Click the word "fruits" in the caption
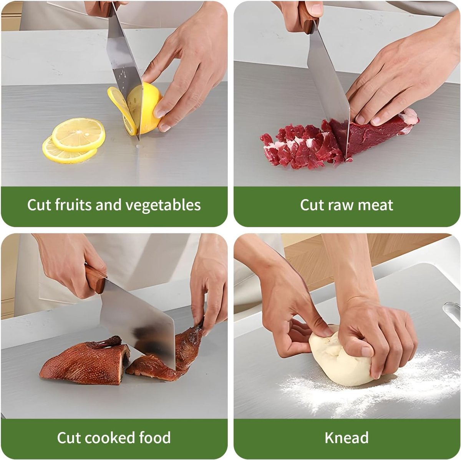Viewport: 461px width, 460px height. pos(73,205)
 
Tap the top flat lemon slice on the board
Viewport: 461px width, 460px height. pos(78,135)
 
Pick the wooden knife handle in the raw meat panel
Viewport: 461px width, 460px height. pos(308,17)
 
